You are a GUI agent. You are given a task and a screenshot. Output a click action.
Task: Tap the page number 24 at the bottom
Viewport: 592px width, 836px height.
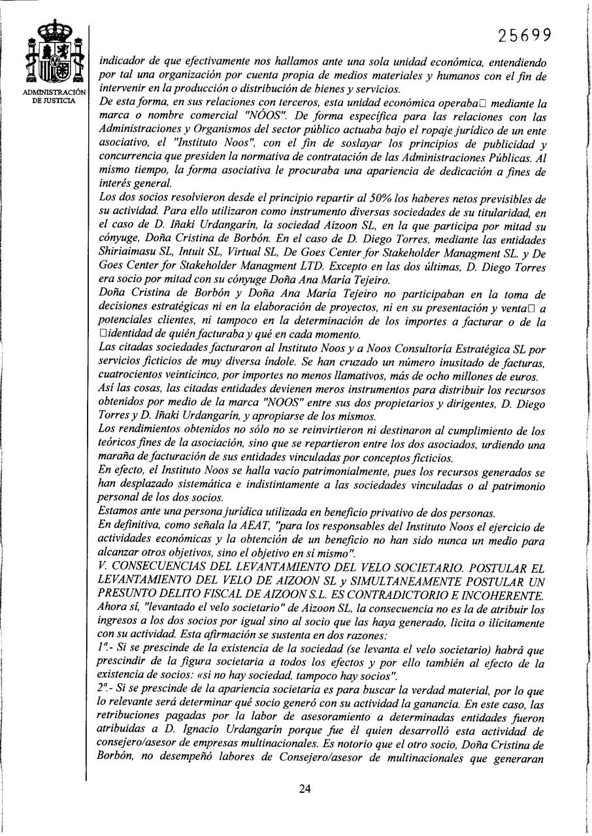pos(304,788)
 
